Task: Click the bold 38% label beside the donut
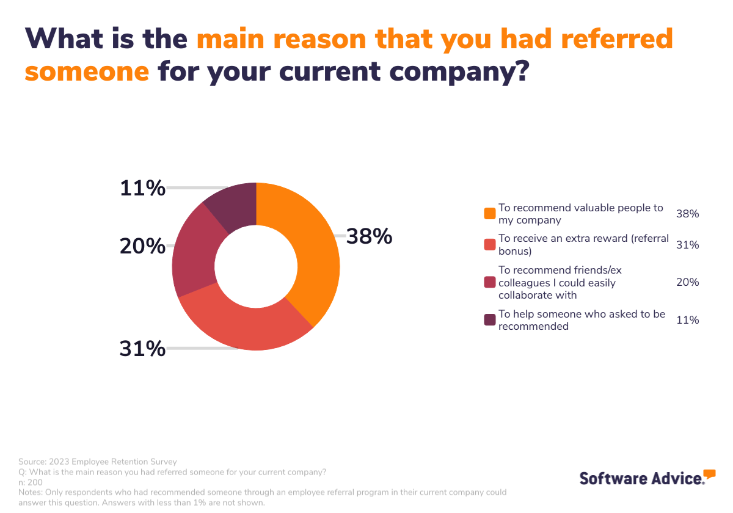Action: coord(369,236)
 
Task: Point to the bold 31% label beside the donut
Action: coord(142,349)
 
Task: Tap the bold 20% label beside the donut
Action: coord(142,246)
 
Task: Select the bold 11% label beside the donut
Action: coord(142,188)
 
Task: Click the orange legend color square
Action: coord(489,214)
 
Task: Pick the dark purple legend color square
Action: coord(489,320)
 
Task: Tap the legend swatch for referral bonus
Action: coord(489,244)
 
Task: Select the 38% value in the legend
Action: coord(688,214)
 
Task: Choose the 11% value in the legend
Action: coord(688,320)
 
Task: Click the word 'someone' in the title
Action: coord(87,71)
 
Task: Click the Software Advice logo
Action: coord(647,477)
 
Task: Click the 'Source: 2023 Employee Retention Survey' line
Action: coord(97,462)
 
